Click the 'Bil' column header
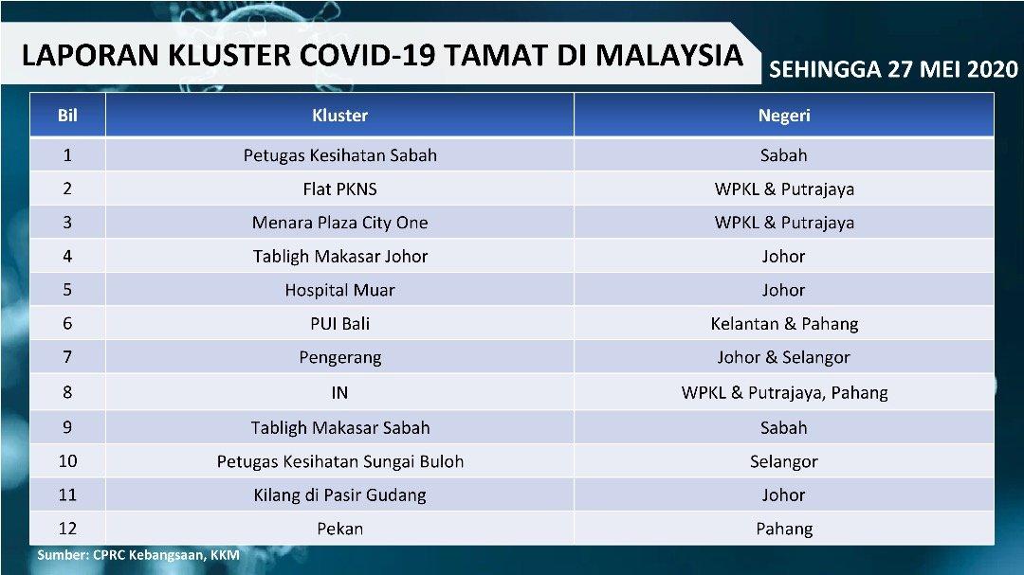[x=67, y=116]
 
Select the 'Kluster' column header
[x=339, y=116]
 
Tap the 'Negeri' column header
[x=784, y=116]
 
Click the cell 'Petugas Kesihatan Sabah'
[x=339, y=155]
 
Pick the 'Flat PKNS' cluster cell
[x=339, y=189]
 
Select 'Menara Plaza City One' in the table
[x=339, y=223]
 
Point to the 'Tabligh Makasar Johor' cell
[x=339, y=257]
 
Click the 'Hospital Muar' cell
[x=339, y=291]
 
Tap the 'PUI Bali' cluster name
[x=339, y=324]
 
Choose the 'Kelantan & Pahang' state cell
[x=784, y=324]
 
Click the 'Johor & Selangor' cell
[x=784, y=358]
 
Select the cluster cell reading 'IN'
[x=339, y=393]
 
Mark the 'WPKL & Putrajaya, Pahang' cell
[x=784, y=393]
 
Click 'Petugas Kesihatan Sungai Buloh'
[x=339, y=462]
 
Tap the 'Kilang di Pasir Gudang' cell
[x=339, y=495]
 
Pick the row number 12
[x=67, y=529]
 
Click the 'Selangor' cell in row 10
[x=784, y=462]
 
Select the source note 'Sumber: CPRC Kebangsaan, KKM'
[x=137, y=555]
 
